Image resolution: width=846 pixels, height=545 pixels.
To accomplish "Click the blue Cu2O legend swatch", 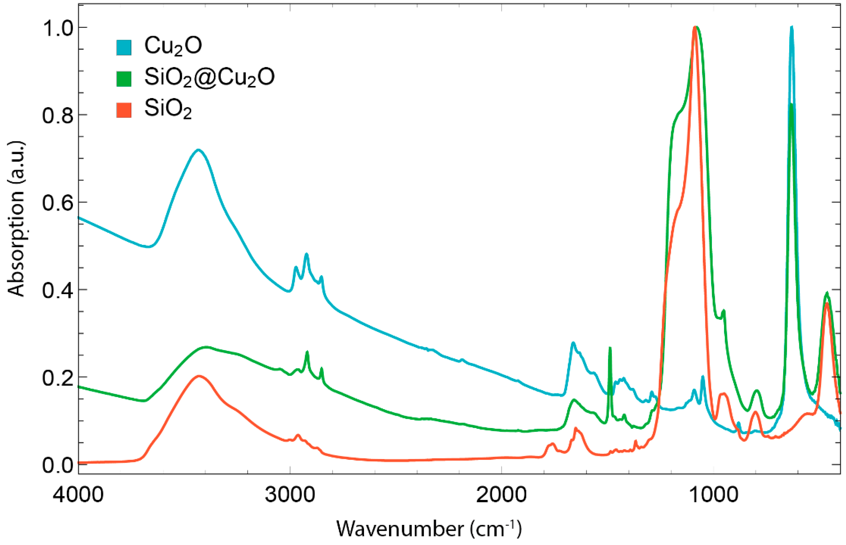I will pos(124,47).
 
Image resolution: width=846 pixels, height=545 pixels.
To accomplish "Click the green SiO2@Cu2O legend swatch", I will pos(124,79).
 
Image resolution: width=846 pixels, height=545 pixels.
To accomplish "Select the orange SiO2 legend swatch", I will pos(124,110).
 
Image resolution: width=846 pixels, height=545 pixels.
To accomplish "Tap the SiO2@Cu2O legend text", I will pos(209,77).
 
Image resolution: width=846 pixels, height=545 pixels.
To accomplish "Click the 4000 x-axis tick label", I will pos(78,495).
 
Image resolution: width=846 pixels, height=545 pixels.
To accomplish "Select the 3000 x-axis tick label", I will pos(290,495).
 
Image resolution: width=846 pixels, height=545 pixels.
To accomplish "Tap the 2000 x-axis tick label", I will pos(501,495).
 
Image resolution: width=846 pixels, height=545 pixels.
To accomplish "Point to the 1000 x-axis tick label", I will pos(713,495).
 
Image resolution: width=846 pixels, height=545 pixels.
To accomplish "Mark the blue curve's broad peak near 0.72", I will pos(198,150).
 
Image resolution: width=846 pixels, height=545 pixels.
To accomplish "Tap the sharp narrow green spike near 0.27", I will pos(610,349).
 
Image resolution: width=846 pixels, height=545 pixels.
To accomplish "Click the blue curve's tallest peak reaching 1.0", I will pos(791,28).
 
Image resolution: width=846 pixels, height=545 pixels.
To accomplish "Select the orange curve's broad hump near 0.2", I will pos(199,376).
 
